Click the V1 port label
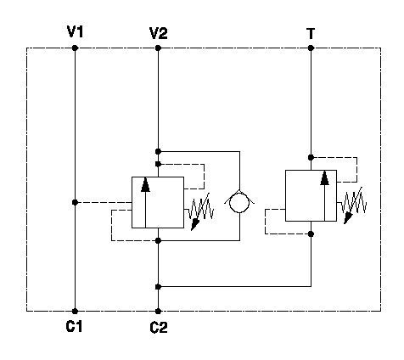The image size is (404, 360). pos(75,31)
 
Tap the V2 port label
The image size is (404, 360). pos(159,33)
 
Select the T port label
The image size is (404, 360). pos(311,33)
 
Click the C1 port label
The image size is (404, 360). pos(74,326)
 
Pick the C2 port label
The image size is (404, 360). pos(159,328)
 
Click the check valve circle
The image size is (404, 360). pos(239,202)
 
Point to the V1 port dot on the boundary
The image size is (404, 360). pos(75,48)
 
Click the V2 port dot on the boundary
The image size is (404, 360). pos(158,48)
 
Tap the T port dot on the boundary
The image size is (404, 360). pos(311,48)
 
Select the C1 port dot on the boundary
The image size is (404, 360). pos(75,312)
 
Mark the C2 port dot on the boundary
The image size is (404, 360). pos(158,312)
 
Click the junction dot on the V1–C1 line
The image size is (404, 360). pos(75,202)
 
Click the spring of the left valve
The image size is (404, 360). pos(201,210)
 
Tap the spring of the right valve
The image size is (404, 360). pos(354,205)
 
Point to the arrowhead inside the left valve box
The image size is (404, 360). pos(145,185)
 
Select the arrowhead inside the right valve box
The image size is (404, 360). pos(325,178)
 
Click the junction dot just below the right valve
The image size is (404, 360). pos(311,233)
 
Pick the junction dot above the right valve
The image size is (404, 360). pos(311,157)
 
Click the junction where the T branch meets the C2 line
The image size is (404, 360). pos(158,287)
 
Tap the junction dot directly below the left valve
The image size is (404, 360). pos(158,240)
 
